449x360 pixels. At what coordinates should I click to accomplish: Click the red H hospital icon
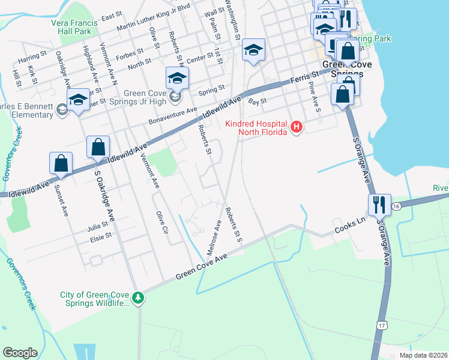pyautogui.click(x=296, y=127)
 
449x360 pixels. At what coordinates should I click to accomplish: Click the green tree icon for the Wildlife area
pyautogui.click(x=139, y=298)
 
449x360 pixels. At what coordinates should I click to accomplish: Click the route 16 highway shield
pyautogui.click(x=396, y=206)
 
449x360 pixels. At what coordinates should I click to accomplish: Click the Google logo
pyautogui.click(x=20, y=353)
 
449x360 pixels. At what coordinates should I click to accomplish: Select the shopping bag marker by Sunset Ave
pyautogui.click(x=61, y=163)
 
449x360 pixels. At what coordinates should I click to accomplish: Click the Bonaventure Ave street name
pyautogui.click(x=173, y=116)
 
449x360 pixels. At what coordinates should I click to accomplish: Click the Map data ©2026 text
pyautogui.click(x=423, y=355)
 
